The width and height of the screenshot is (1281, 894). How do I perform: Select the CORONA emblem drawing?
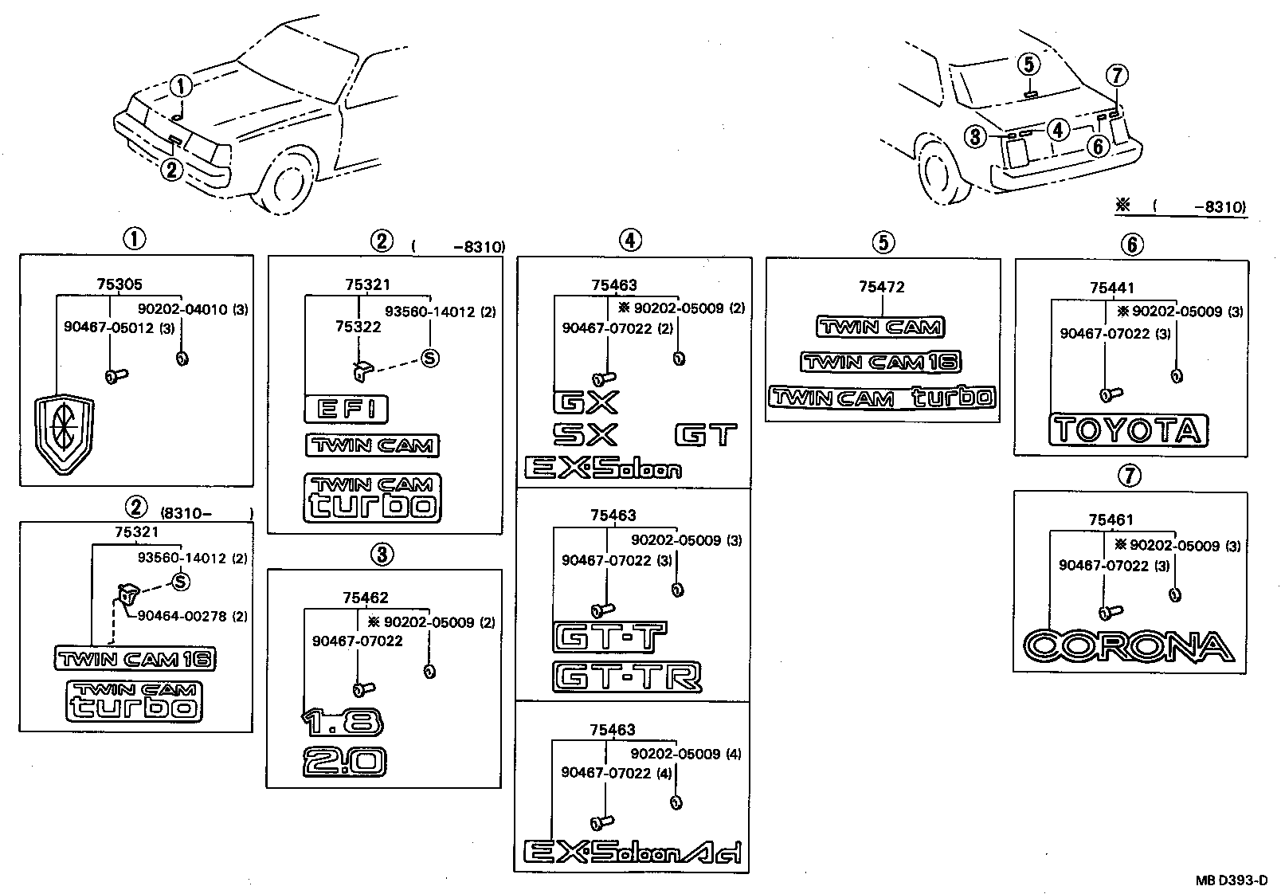(x=1128, y=646)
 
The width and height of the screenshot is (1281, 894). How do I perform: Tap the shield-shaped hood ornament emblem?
(x=64, y=437)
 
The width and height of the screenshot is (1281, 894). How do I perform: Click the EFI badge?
(x=346, y=410)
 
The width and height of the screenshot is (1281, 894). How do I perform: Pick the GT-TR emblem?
(x=627, y=677)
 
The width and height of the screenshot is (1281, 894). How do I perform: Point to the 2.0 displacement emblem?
(x=344, y=761)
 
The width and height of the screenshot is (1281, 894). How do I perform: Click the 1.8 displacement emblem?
(x=343, y=722)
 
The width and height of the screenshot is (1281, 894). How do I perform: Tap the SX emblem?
(x=585, y=434)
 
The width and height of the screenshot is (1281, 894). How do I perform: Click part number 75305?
(x=119, y=284)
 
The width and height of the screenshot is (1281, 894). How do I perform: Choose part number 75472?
(x=882, y=287)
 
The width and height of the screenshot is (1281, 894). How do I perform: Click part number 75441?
(x=1112, y=288)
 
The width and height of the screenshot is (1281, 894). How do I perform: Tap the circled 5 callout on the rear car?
(x=1028, y=64)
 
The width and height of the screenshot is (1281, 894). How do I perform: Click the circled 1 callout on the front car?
(x=181, y=86)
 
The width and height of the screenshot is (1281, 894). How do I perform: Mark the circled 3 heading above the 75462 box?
(x=382, y=554)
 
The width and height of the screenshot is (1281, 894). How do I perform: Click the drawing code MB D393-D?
(x=1231, y=880)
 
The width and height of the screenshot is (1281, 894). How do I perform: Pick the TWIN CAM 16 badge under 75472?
(x=880, y=363)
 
